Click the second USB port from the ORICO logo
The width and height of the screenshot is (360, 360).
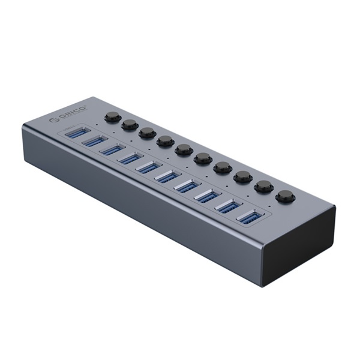point(94,142)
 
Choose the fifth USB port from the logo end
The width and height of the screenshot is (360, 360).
point(148,168)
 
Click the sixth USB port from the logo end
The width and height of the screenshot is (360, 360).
point(167,177)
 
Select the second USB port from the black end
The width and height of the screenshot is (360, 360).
point(226,206)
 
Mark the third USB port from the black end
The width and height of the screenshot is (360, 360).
point(206,196)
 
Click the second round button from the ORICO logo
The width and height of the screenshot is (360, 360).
point(128,124)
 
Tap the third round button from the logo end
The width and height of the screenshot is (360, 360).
point(146,132)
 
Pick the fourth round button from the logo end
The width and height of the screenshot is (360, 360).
point(164,140)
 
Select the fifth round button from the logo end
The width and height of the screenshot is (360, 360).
point(183,149)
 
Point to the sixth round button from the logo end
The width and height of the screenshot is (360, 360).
point(202,158)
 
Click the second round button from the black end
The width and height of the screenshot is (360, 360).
point(263,186)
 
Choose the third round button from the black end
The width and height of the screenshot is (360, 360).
point(242,176)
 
